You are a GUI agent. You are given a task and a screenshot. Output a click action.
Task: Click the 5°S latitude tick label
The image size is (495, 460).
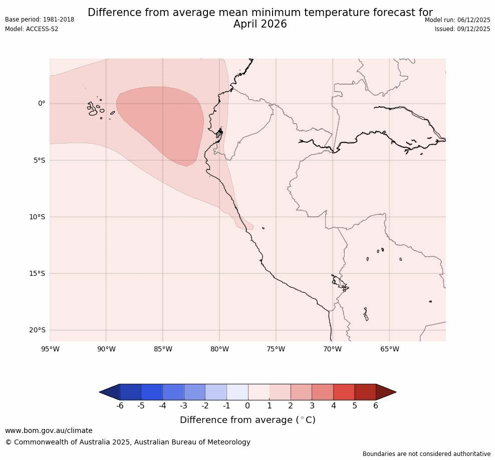(x=39, y=160)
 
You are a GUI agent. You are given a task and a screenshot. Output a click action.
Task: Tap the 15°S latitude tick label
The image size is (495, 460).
(x=38, y=273)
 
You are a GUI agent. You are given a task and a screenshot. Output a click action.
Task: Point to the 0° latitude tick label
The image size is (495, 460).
(x=42, y=104)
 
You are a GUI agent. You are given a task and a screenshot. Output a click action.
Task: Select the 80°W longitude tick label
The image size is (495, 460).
(x=219, y=349)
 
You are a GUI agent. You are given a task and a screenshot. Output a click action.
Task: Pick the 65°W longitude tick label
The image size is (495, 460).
(x=389, y=349)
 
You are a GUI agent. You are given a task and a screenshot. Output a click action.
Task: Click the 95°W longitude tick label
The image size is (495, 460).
(x=50, y=349)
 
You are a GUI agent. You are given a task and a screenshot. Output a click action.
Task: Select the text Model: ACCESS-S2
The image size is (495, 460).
(x=32, y=29)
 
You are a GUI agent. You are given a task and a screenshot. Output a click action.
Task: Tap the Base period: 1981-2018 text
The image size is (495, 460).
(x=40, y=20)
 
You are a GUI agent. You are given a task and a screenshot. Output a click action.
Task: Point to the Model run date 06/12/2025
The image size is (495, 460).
(x=473, y=20)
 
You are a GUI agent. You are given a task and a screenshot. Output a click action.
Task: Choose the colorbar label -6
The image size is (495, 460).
(x=120, y=406)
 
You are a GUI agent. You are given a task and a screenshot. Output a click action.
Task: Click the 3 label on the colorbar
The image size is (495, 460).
(x=312, y=406)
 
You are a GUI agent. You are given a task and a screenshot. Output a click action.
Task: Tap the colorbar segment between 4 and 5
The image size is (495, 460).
(x=344, y=392)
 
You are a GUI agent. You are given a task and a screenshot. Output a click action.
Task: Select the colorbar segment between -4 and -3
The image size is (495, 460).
(x=173, y=392)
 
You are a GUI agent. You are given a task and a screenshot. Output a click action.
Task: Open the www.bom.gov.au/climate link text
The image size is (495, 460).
(x=49, y=430)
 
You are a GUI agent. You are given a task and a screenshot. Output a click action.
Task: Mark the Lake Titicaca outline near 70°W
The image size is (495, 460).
(x=340, y=282)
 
